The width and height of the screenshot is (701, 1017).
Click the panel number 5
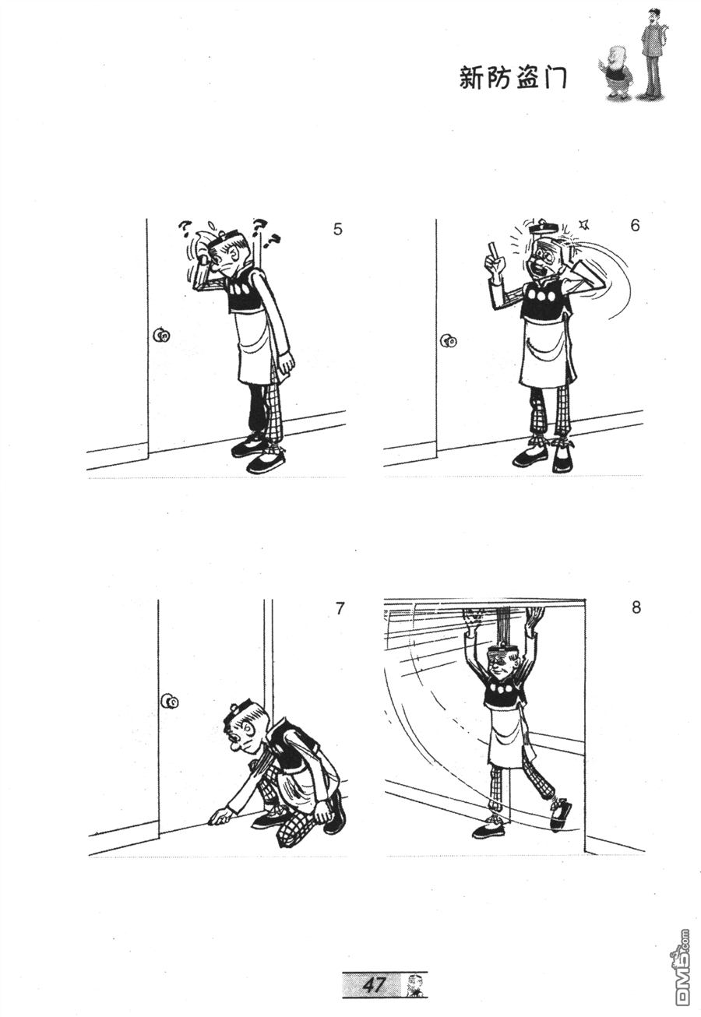[337, 229]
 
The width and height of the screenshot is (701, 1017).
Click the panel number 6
[635, 225]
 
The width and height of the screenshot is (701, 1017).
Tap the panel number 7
[340, 608]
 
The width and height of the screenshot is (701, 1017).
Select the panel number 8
[636, 607]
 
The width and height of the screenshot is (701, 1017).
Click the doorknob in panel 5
[161, 335]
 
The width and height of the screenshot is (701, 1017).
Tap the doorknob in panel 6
[448, 341]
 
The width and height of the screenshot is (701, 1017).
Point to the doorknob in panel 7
[170, 714]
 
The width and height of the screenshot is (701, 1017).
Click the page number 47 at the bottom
[373, 983]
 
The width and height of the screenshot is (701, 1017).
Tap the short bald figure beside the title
[615, 72]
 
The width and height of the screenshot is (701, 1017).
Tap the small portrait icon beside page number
[414, 983]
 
